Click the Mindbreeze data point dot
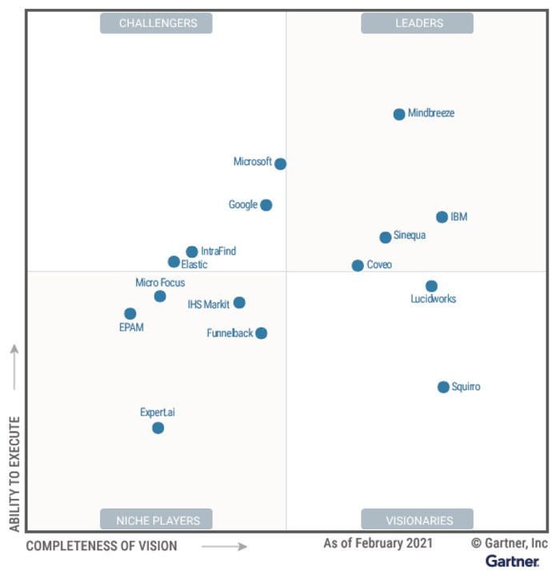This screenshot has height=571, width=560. tap(399, 115)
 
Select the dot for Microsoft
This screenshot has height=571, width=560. tap(280, 164)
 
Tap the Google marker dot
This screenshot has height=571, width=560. tap(266, 205)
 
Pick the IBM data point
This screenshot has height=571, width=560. tap(442, 217)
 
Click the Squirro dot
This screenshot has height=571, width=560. tap(443, 388)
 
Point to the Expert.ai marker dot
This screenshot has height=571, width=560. tap(158, 428)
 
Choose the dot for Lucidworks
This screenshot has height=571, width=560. tap(431, 286)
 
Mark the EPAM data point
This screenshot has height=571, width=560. tap(130, 314)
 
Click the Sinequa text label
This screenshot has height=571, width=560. tap(410, 236)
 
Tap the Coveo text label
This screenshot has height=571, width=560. tap(379, 265)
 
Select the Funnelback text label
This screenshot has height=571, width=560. tap(230, 333)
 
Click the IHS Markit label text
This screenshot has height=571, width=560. tap(208, 304)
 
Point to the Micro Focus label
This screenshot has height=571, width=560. tap(160, 283)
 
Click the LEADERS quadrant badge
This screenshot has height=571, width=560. tap(418, 23)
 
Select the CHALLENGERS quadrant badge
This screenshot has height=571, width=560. tap(157, 23)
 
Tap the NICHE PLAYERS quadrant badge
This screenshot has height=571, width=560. tap(157, 520)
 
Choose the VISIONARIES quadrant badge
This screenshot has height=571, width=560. tap(418, 520)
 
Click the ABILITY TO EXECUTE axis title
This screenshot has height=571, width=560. tap(14, 473)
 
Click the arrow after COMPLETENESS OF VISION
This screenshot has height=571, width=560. tap(224, 547)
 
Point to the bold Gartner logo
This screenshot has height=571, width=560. tap(512, 561)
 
